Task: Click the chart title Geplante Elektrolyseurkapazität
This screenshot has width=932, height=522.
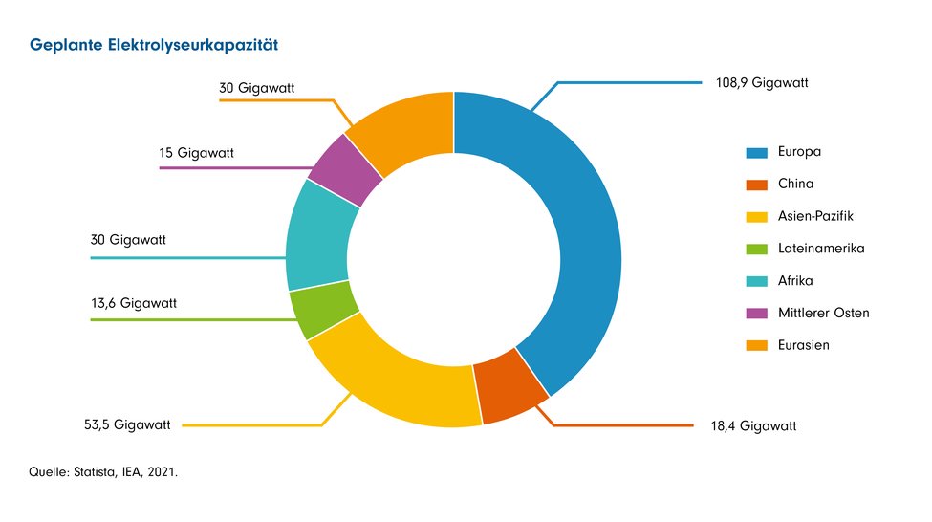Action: [x=153, y=45]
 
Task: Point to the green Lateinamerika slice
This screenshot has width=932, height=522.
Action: [x=312, y=309]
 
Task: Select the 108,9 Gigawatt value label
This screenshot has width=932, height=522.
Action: [x=762, y=83]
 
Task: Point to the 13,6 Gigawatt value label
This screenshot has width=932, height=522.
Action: [x=134, y=303]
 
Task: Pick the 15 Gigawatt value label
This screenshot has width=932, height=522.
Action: [x=196, y=153]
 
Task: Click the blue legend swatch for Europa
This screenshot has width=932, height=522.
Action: [x=756, y=152]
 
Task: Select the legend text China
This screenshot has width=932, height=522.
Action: [x=795, y=185]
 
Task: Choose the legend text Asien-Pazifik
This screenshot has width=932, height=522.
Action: [x=816, y=217]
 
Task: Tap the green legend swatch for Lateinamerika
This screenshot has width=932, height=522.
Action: [x=756, y=250]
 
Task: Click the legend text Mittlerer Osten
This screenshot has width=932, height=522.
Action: [x=824, y=313]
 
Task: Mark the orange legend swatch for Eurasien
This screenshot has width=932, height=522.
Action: [x=756, y=345]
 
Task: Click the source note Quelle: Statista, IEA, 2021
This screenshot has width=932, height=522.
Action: [x=104, y=472]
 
